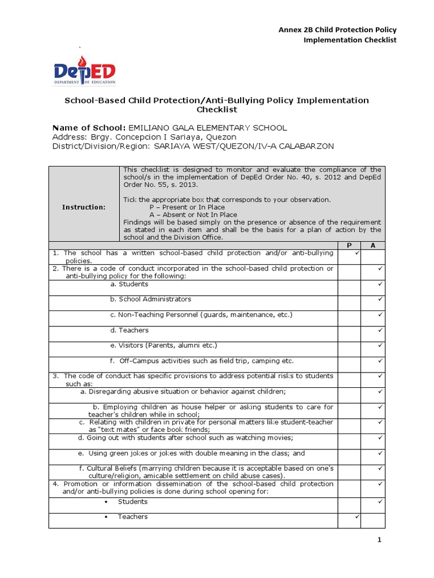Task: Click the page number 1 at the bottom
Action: click(380, 540)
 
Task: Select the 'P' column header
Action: click(349, 246)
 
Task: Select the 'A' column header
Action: click(372, 246)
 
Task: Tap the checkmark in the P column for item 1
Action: click(357, 254)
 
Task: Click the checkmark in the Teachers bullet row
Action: click(357, 516)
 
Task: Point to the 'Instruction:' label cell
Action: click(84, 207)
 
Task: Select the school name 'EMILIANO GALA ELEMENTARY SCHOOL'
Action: click(208, 128)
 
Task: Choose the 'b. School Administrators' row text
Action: click(150, 299)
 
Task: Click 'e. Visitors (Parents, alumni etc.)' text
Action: click(163, 345)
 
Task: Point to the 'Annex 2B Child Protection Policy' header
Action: click(338, 29)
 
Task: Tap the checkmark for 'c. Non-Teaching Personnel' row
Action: click(380, 314)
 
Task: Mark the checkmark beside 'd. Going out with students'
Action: click(380, 437)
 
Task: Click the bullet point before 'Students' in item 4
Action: click(106, 502)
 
